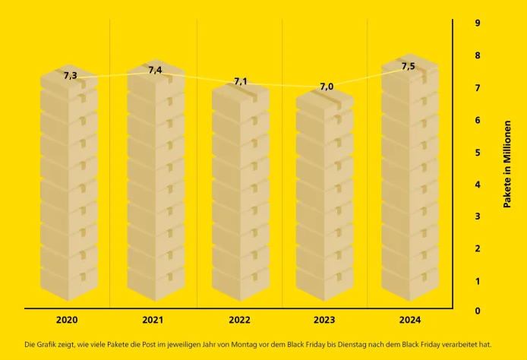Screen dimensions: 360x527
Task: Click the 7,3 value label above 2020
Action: tap(70, 75)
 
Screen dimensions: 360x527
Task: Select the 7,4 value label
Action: tap(155, 70)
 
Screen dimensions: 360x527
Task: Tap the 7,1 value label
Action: tap(241, 81)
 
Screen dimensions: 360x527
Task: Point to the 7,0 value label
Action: tap(327, 87)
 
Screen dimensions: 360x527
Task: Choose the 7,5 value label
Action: tap(409, 66)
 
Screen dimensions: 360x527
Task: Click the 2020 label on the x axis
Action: tap(67, 321)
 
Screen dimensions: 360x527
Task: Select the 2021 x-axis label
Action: tap(153, 321)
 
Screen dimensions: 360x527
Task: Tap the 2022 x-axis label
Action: tap(239, 321)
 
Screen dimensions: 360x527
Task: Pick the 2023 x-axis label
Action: tap(324, 321)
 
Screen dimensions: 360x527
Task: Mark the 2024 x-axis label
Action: tap(409, 321)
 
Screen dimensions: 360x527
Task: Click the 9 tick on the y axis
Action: tap(478, 23)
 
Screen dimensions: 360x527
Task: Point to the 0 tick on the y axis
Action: tap(478, 311)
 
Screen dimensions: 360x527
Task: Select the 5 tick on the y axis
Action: tap(478, 152)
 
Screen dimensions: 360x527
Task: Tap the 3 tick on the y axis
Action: tap(478, 216)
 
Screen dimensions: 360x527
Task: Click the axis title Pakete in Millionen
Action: tap(507, 164)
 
